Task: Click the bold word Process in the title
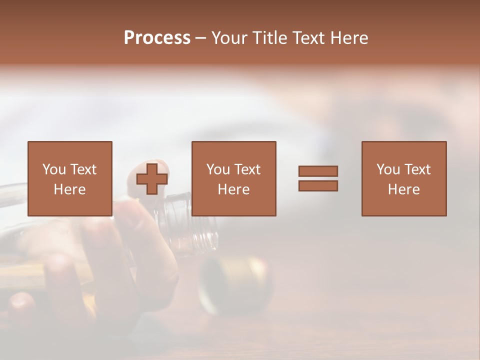tap(157, 38)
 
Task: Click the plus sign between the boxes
tap(152, 178)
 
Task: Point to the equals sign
tap(318, 178)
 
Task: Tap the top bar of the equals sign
tap(318, 171)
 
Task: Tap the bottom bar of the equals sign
tap(318, 185)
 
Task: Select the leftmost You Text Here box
tap(69, 178)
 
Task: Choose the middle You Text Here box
tap(233, 178)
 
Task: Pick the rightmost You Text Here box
tap(403, 178)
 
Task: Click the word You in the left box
tap(54, 169)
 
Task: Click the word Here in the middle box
tap(233, 189)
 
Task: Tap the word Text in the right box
tap(417, 169)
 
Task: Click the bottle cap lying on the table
tap(235, 285)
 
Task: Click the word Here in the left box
tap(69, 189)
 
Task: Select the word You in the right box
tap(388, 169)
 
